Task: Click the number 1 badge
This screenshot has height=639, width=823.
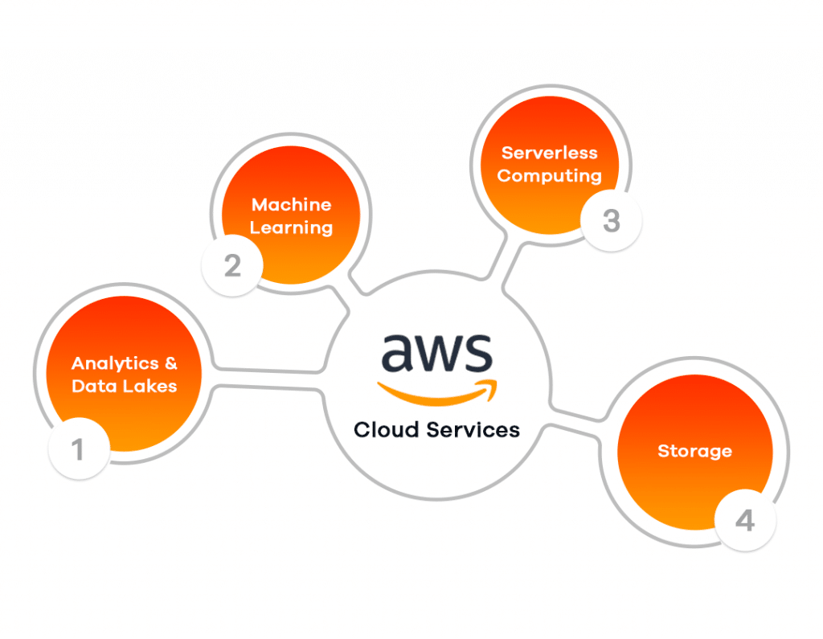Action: (79, 449)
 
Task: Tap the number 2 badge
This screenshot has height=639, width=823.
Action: (232, 265)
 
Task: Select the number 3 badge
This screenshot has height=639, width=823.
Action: (611, 221)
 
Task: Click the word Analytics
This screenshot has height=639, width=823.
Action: (113, 363)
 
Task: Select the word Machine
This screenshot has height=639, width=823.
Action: (291, 205)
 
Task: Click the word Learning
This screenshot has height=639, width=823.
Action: (291, 227)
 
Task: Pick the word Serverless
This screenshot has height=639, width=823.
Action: (550, 152)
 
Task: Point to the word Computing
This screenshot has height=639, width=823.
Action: (550, 175)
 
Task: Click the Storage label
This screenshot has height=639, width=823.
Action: (694, 451)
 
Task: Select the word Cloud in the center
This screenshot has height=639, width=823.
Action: (387, 430)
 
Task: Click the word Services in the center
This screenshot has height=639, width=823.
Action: (473, 430)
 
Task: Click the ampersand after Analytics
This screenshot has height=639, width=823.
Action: (170, 363)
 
